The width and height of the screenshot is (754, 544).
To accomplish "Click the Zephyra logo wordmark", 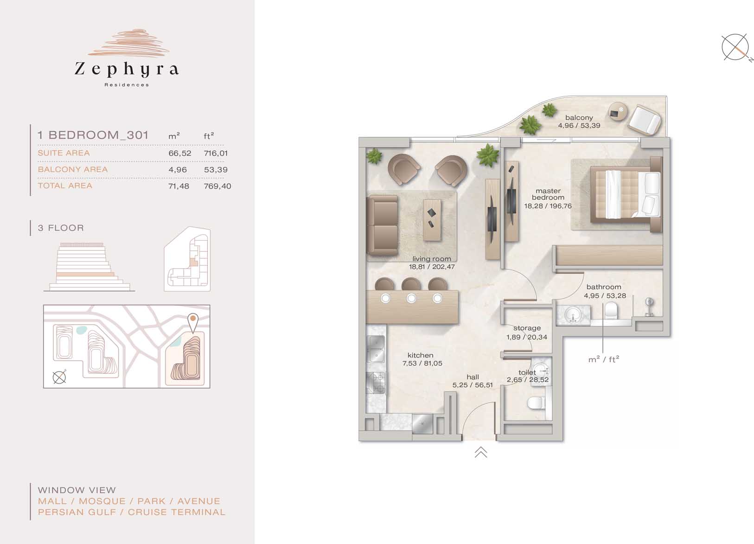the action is (x=127, y=69).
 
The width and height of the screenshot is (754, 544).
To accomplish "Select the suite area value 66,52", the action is (x=180, y=153).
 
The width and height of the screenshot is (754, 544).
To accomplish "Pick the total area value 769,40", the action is (x=217, y=186).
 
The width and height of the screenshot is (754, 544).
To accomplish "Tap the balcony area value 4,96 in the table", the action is (x=178, y=170).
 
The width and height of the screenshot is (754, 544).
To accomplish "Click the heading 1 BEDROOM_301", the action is (x=93, y=135).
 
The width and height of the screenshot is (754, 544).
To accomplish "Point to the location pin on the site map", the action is (x=193, y=323).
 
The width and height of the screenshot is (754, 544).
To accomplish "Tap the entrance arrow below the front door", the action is (x=481, y=453).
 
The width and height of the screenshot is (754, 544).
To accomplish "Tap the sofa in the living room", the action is (x=382, y=225).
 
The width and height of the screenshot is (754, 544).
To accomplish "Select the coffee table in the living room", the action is (x=432, y=220).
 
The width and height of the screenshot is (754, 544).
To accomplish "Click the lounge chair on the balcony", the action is (x=645, y=120).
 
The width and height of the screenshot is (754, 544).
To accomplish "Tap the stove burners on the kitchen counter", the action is (x=376, y=383).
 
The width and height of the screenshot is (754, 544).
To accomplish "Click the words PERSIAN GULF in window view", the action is (x=77, y=512).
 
